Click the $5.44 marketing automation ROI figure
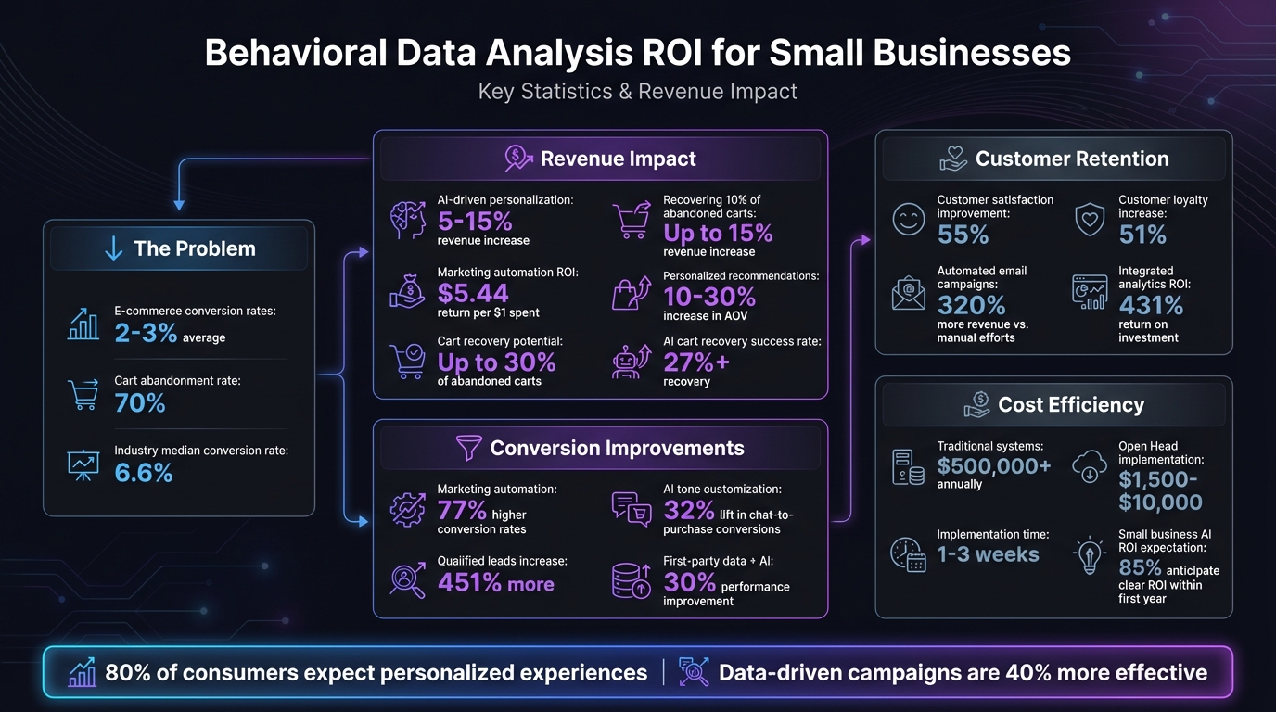point(473,293)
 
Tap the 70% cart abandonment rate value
point(140,402)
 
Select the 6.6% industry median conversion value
point(144,473)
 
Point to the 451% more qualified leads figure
point(496,583)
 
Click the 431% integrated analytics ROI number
point(1151,305)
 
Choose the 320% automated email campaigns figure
point(970,305)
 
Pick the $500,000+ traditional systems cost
point(994,466)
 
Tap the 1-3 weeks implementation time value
point(988,554)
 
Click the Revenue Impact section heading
point(618,159)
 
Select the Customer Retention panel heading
point(1071,159)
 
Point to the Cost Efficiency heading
point(1070,404)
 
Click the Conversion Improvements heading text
point(617,448)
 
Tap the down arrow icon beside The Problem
point(113,248)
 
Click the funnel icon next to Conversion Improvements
point(469,449)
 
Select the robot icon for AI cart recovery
point(632,362)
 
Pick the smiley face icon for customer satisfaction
point(908,220)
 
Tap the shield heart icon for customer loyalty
point(1090,220)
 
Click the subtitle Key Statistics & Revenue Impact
point(638,92)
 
